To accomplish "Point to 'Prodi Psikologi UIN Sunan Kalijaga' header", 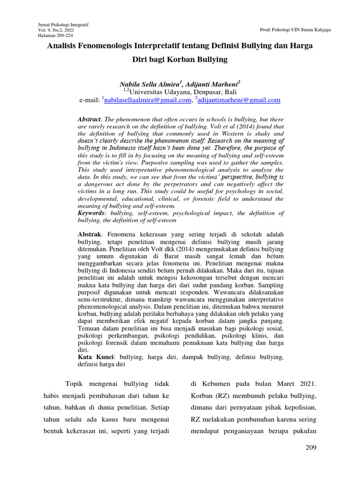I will [295, 30].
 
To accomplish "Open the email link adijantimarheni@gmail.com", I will [240, 100].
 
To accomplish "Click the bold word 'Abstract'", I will [89, 120].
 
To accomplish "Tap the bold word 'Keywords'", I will [91, 213].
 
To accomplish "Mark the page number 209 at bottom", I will [311, 448].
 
